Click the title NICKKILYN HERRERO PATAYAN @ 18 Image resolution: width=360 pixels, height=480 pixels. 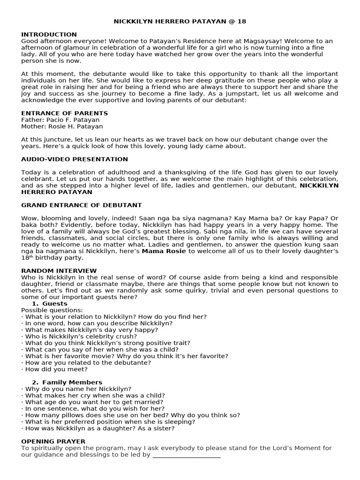point(180,22)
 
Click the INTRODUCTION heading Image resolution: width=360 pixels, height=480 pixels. point(49,35)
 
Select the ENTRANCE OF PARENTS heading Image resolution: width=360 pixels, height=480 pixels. point(64,113)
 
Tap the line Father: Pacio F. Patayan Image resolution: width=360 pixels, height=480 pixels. point(60,120)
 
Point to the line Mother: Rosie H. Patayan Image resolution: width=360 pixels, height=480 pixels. point(62,127)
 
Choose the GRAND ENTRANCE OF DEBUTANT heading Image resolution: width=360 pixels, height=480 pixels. point(81,205)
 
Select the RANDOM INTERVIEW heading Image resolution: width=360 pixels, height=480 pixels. point(59,271)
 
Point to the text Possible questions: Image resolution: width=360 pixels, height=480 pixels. point(52,310)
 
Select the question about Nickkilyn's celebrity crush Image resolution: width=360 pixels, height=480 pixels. point(79,337)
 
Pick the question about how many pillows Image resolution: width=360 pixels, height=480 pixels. point(131,415)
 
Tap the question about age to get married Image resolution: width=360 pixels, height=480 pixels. point(92,402)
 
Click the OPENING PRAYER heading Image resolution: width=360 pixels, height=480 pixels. point(53,442)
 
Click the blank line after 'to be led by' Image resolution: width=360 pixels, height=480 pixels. point(186,455)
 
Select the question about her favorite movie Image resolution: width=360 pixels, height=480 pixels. point(125,356)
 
